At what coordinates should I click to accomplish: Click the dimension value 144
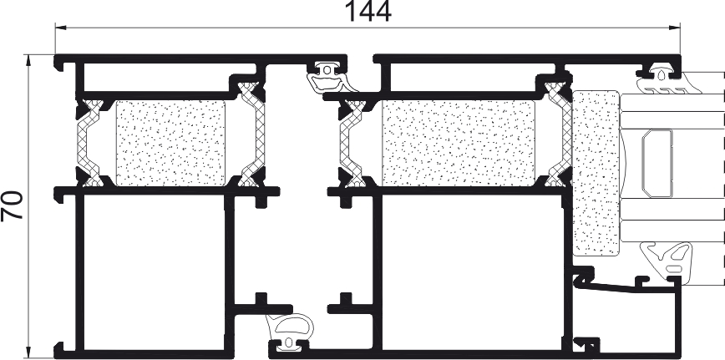(368, 12)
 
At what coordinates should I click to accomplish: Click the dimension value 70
(13, 205)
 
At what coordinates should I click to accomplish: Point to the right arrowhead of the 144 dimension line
(675, 28)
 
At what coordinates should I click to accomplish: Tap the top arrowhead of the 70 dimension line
(28, 60)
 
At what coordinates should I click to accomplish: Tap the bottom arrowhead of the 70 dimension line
(28, 353)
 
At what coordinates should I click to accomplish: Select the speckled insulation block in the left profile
(170, 144)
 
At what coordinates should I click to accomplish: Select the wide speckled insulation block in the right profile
(459, 144)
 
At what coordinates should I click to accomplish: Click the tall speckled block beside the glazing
(596, 173)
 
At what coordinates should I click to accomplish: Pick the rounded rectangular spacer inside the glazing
(657, 164)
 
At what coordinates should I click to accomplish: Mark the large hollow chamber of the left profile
(154, 272)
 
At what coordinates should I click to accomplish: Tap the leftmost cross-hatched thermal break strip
(89, 144)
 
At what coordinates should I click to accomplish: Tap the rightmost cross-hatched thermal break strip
(560, 134)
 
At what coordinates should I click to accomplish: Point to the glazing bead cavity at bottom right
(626, 320)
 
